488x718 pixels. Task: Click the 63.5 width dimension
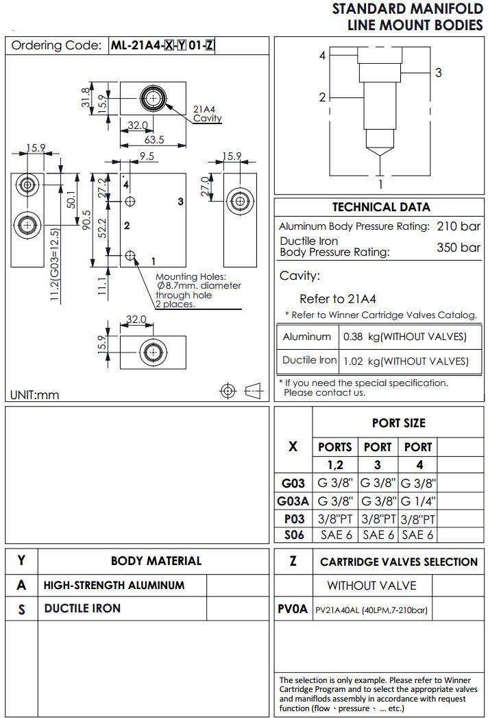(x=154, y=140)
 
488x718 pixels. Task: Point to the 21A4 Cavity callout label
(x=206, y=114)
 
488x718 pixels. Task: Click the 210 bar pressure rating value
(x=459, y=226)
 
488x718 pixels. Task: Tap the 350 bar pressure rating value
(x=459, y=247)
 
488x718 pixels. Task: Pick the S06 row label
(x=293, y=534)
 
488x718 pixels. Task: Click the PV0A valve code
(x=293, y=608)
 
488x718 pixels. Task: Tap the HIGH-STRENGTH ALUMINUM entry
(x=114, y=585)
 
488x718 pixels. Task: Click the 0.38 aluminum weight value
(x=353, y=337)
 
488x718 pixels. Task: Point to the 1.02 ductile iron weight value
(x=353, y=361)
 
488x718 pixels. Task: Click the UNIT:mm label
(x=35, y=394)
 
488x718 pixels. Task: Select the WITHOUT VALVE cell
(x=371, y=585)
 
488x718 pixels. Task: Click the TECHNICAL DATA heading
(x=381, y=207)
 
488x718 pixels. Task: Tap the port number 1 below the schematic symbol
(x=380, y=184)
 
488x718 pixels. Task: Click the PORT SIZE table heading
(x=398, y=423)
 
